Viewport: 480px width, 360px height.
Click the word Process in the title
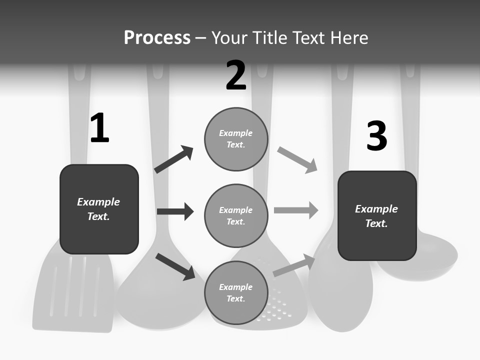[x=157, y=38]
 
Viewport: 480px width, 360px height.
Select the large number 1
[x=99, y=129]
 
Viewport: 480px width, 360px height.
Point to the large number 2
[x=236, y=76]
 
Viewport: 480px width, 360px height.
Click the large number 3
[x=376, y=136]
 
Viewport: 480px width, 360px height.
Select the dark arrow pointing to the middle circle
[x=175, y=211]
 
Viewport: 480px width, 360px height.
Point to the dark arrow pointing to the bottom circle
[x=175, y=266]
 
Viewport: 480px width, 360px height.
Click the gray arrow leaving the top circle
[x=297, y=160]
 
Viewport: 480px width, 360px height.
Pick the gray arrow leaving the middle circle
[x=296, y=210]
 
